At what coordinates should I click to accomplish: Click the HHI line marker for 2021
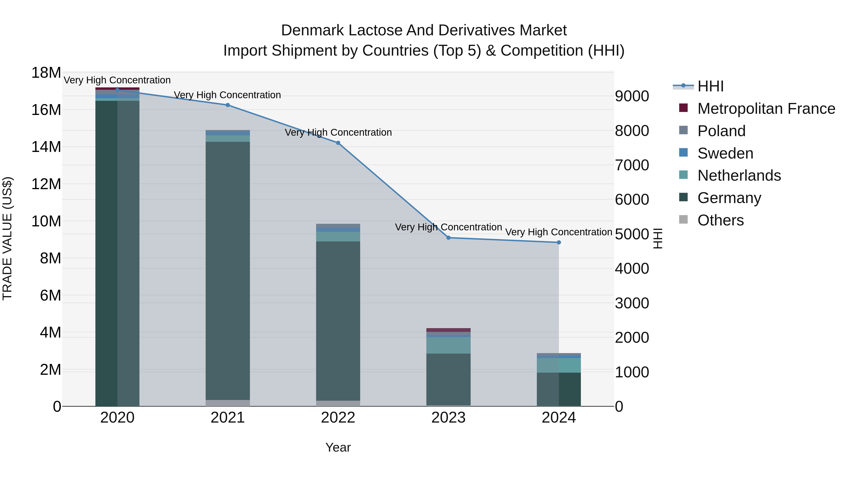[228, 105]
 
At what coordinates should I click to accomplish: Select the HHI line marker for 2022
[338, 143]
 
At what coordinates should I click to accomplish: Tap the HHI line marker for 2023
[448, 238]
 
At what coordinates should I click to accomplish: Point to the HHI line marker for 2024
[559, 243]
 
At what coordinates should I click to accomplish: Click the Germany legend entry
[729, 198]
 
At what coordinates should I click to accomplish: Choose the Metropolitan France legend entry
[766, 109]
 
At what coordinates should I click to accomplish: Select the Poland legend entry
[721, 131]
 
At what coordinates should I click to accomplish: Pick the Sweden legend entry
[725, 153]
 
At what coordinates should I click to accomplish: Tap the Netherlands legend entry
[739, 175]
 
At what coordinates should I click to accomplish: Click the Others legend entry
[720, 220]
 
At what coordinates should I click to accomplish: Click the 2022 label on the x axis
[338, 418]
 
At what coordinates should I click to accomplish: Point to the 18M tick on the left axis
[46, 73]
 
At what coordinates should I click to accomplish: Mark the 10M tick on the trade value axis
[46, 221]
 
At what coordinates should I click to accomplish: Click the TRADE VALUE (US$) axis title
[7, 238]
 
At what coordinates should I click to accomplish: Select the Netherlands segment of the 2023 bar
[448, 345]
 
